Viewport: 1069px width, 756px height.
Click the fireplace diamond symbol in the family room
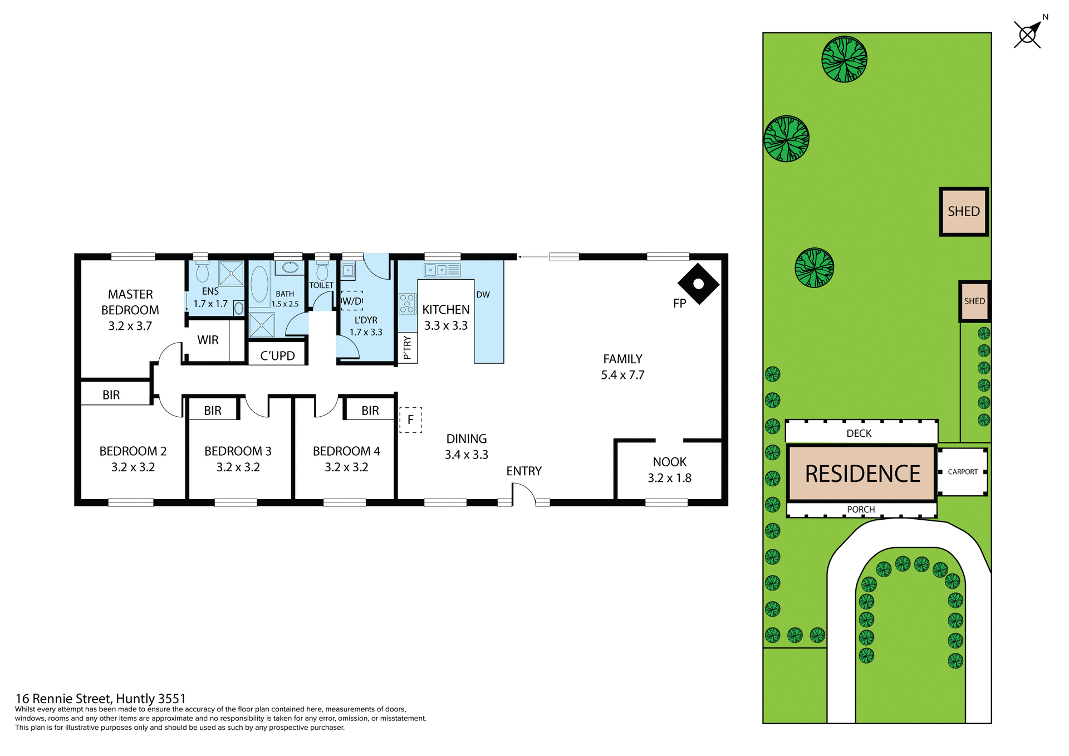point(698,284)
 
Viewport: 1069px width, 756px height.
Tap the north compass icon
point(1028,35)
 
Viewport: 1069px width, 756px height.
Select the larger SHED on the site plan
point(964,212)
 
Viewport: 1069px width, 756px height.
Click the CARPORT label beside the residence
point(963,472)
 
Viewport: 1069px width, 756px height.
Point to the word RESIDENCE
point(862,474)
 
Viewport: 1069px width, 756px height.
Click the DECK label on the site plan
point(859,433)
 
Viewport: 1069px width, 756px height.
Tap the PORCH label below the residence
point(861,510)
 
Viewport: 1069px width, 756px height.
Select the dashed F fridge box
point(410,420)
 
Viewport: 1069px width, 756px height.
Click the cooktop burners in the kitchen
point(407,304)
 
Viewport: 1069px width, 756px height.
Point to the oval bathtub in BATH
point(259,284)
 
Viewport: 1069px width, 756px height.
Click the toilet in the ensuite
point(202,272)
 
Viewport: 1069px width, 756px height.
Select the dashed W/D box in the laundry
point(352,301)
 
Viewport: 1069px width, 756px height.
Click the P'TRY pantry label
point(407,348)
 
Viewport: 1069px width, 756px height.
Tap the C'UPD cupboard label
point(277,356)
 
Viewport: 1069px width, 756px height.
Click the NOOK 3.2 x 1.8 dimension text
point(669,478)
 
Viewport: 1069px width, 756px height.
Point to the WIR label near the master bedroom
point(208,340)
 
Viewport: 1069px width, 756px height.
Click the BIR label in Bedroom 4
point(370,411)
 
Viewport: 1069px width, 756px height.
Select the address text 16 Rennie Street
point(100,699)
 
